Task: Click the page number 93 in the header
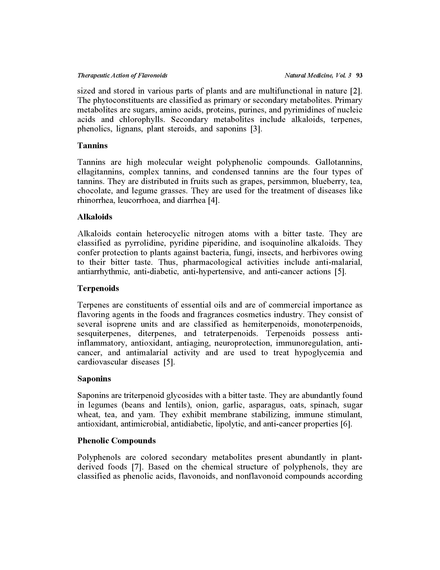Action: pos(359,75)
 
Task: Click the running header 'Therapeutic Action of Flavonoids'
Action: pos(122,75)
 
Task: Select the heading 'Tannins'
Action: pos(92,145)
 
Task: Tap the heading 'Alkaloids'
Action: pos(95,217)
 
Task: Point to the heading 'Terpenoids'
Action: pos(98,288)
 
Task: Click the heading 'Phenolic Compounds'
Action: pos(116,440)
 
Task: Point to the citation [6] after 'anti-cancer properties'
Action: pos(346,424)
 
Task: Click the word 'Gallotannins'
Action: pos(339,162)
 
